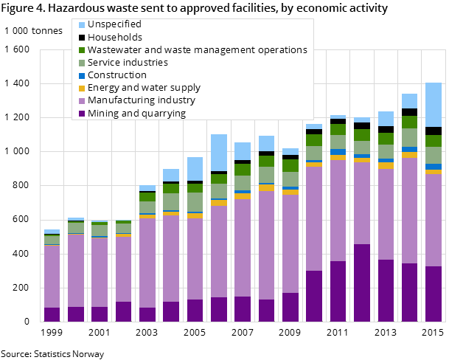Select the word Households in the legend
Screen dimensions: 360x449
point(115,37)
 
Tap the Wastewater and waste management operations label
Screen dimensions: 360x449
point(197,49)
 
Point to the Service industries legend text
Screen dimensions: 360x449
point(128,62)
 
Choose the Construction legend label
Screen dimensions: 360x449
point(116,75)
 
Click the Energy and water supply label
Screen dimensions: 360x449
point(144,87)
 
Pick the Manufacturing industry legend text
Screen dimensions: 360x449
point(142,100)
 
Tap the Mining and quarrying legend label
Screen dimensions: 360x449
point(136,113)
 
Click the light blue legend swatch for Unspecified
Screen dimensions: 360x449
point(81,24)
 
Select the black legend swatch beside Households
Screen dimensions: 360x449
point(81,37)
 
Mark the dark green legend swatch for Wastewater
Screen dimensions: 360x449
point(81,49)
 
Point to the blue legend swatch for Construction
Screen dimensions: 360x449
point(81,75)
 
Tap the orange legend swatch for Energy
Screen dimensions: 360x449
point(81,87)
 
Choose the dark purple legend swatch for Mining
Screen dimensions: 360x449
point(81,113)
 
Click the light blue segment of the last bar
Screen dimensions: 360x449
point(434,105)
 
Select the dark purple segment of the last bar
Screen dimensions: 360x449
point(434,294)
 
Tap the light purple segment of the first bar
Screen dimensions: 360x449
point(52,277)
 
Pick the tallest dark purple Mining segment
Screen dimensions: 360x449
point(362,283)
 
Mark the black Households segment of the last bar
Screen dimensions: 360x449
point(434,131)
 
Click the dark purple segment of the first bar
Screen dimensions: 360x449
point(52,314)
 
